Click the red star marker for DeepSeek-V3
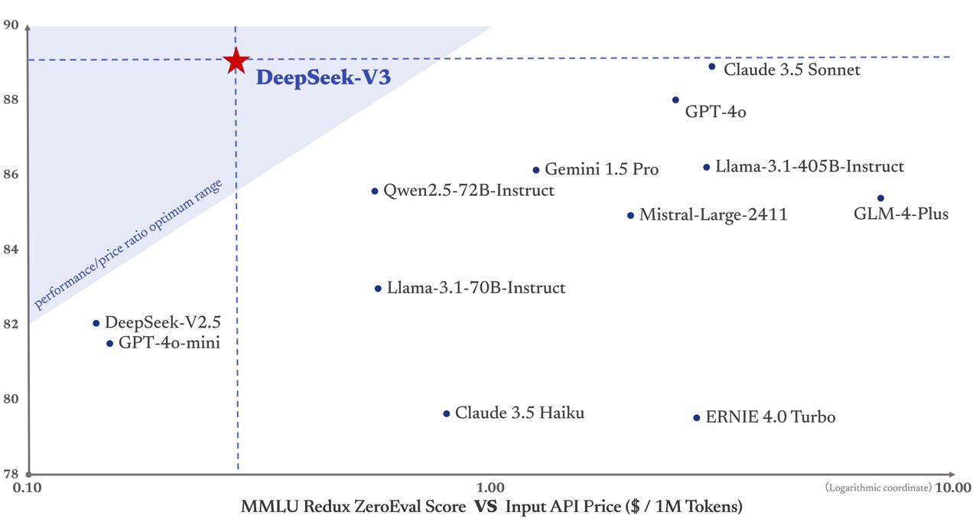[x=236, y=60]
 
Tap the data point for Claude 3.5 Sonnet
[x=711, y=67]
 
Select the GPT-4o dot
[x=675, y=100]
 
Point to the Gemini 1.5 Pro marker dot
[x=536, y=170]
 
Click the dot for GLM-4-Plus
[x=880, y=198]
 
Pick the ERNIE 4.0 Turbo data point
[x=696, y=418]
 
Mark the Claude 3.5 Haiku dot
[x=447, y=413]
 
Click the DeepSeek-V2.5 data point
[x=96, y=323]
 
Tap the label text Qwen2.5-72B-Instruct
[x=469, y=191]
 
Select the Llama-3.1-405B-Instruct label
[x=809, y=167]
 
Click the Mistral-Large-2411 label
[x=713, y=215]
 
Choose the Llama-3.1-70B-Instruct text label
[x=476, y=289]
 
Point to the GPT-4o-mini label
[x=169, y=343]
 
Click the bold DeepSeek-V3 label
[x=317, y=78]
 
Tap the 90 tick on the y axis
[x=11, y=25]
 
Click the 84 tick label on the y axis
[x=11, y=249]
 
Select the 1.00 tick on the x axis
[x=490, y=488]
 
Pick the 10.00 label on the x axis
[x=953, y=488]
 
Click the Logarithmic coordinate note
[x=878, y=488]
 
